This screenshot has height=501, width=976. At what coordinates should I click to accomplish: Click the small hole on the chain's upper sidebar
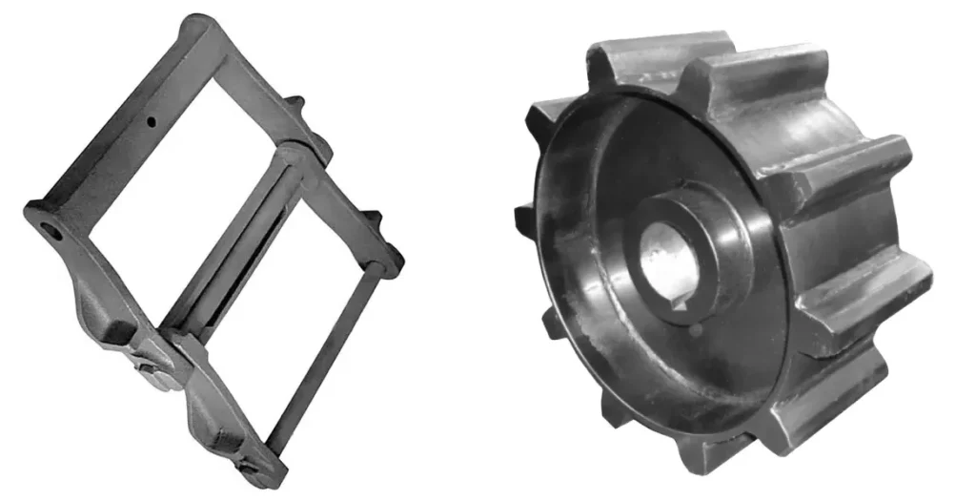[x=152, y=121]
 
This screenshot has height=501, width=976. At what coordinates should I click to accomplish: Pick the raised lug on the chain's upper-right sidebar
[x=296, y=103]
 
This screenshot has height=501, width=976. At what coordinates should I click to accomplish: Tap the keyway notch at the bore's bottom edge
[x=680, y=303]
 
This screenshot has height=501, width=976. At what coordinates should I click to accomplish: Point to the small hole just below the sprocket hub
[x=697, y=330]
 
